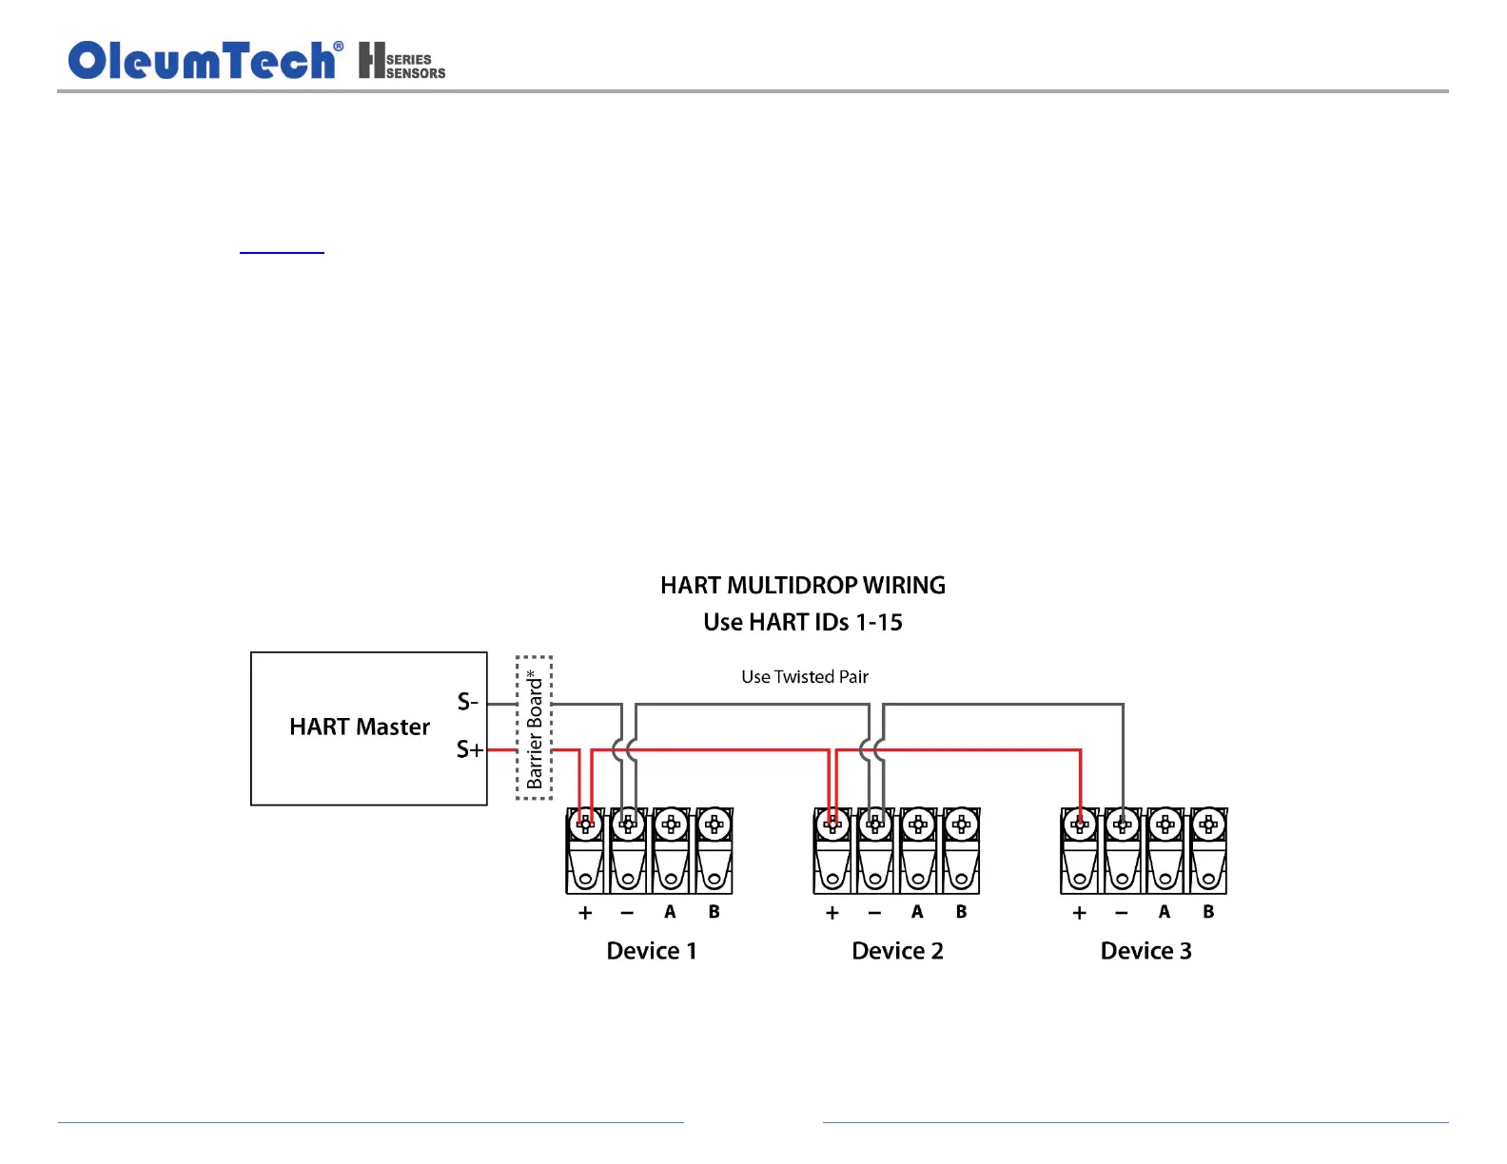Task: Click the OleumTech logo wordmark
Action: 203,61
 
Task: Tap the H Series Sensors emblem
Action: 401,61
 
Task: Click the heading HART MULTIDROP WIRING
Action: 803,585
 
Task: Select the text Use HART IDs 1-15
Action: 803,622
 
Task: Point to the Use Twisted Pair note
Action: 805,677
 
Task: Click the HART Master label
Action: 360,727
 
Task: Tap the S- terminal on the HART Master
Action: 467,702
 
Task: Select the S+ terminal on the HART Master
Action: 469,749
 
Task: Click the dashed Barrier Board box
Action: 534,727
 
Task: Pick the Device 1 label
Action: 652,951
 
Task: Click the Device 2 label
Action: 897,951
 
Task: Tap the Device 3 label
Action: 1145,951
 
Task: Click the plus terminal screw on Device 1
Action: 585,824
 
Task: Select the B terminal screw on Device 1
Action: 714,824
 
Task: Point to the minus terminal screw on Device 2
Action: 875,824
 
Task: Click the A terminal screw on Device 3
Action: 1164,824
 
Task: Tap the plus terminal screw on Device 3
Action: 1080,824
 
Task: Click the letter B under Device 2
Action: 961,912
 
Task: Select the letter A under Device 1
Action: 670,912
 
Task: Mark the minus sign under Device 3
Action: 1122,913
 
